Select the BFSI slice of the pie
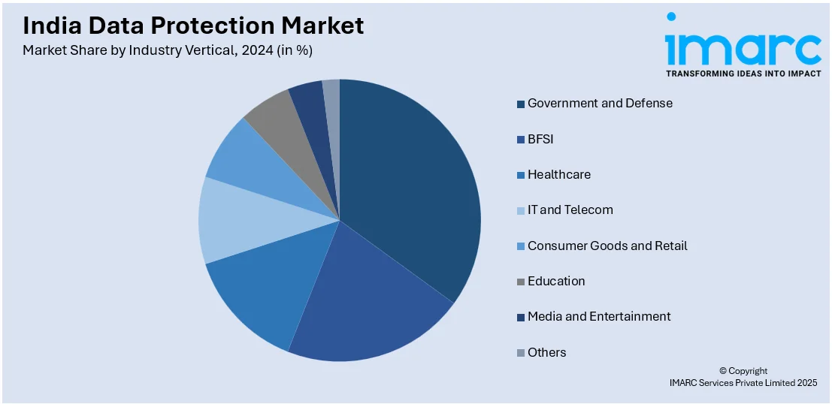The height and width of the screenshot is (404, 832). [x=368, y=300]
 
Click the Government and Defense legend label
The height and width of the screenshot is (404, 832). [x=600, y=103]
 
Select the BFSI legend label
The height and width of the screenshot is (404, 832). [x=540, y=139]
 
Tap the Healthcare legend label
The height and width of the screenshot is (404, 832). [x=558, y=174]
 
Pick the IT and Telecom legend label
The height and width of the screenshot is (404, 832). [x=570, y=210]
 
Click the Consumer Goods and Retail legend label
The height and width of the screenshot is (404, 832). [x=607, y=246]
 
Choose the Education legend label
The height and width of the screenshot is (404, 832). [x=556, y=281]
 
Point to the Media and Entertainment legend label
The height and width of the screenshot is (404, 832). [x=599, y=316]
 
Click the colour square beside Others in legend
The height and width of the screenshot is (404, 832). [x=520, y=353]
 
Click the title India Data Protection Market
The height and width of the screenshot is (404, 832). [x=193, y=26]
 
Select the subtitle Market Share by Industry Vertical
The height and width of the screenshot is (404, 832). [x=167, y=51]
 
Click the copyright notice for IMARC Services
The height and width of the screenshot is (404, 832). [x=743, y=377]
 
